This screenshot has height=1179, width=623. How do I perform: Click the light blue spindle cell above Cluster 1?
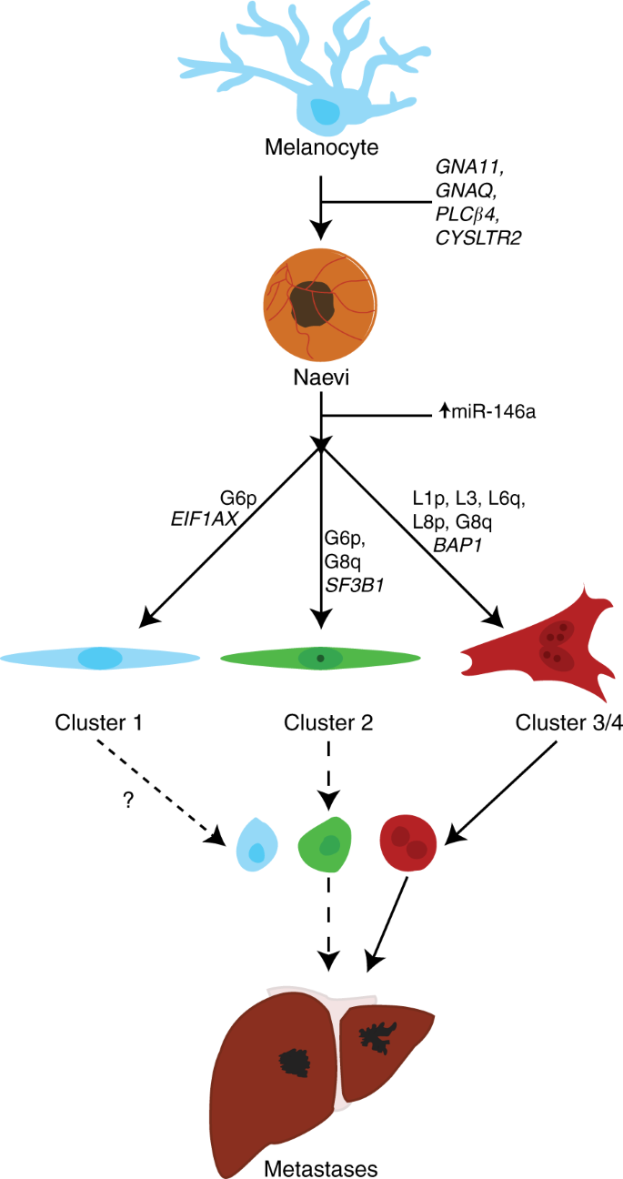point(101,658)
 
